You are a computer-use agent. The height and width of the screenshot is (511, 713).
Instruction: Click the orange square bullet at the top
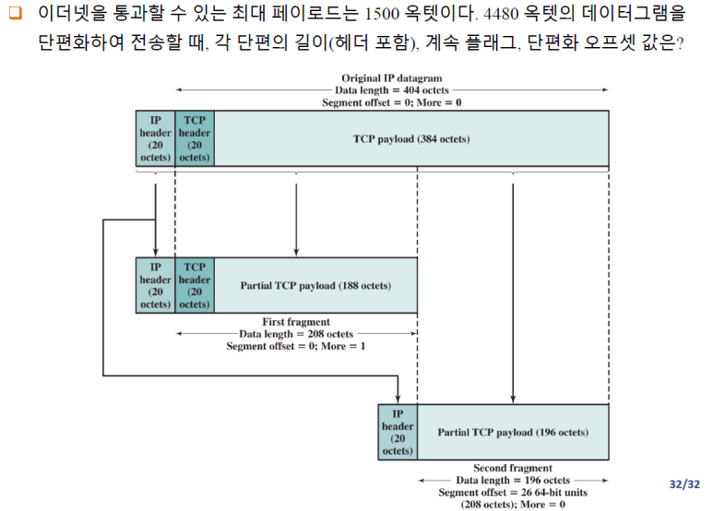13,16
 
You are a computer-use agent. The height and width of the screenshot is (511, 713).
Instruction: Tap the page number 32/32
684,482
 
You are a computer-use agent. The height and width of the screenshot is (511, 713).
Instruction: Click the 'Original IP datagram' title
391,78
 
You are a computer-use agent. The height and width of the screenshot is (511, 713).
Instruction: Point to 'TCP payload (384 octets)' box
410,139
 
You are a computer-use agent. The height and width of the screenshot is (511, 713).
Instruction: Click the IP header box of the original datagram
155,139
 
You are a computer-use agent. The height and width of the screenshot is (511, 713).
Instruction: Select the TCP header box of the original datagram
194,139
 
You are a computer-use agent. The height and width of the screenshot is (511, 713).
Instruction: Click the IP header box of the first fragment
155,285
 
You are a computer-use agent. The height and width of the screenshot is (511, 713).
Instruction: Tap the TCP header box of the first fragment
194,285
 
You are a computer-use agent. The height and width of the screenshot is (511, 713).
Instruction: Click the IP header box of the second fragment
398,432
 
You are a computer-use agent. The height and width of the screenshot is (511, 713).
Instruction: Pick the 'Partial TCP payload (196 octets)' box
513,432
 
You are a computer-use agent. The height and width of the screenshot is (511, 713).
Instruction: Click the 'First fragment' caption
295,322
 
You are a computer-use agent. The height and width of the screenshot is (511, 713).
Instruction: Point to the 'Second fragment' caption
513,469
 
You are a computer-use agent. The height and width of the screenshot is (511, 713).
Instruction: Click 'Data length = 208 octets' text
295,334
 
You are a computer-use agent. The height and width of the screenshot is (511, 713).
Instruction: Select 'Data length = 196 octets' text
513,481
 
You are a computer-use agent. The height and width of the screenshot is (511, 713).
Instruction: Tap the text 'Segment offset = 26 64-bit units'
513,493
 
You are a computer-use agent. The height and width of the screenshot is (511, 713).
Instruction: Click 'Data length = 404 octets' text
391,90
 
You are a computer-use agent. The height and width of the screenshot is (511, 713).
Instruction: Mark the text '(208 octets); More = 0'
513,505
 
